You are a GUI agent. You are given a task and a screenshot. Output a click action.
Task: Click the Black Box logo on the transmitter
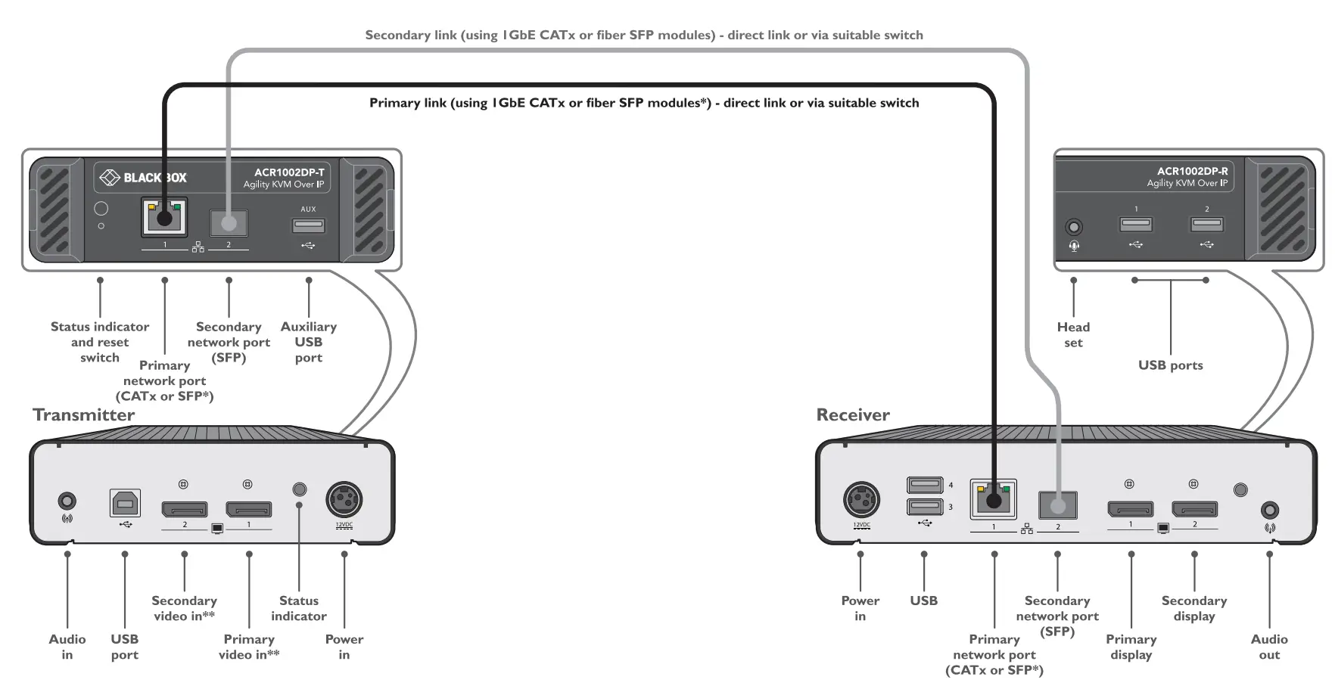click(144, 178)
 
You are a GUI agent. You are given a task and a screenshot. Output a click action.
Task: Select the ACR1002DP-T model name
click(289, 172)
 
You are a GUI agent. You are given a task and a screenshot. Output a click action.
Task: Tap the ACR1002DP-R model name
click(1192, 172)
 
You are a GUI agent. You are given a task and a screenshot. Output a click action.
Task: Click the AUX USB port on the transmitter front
click(309, 225)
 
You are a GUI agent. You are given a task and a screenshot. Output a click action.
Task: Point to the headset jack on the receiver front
click(1074, 227)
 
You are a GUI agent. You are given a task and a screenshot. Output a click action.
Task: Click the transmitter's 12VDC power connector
click(344, 500)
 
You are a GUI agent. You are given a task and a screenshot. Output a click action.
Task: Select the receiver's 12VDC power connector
click(861, 500)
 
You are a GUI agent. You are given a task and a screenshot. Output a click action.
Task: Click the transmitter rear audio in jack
click(67, 501)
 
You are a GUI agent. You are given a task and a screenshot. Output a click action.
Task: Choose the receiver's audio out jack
click(1270, 511)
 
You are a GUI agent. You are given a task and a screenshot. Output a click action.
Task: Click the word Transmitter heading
click(83, 415)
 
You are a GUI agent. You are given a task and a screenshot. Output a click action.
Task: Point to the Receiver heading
click(853, 415)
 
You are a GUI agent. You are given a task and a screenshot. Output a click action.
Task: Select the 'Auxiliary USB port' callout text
click(309, 342)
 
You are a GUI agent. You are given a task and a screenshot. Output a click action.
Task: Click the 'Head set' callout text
click(1073, 334)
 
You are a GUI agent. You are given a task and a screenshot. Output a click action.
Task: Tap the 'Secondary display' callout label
click(1194, 608)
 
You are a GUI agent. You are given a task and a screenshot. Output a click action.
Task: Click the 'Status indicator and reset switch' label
click(100, 342)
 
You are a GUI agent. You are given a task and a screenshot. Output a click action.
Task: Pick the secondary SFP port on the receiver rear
click(1058, 504)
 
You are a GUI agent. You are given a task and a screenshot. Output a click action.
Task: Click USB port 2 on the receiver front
click(1206, 224)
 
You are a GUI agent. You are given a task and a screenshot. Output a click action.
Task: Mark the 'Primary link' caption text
click(644, 103)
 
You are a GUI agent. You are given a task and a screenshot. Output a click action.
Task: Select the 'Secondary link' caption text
click(644, 35)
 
